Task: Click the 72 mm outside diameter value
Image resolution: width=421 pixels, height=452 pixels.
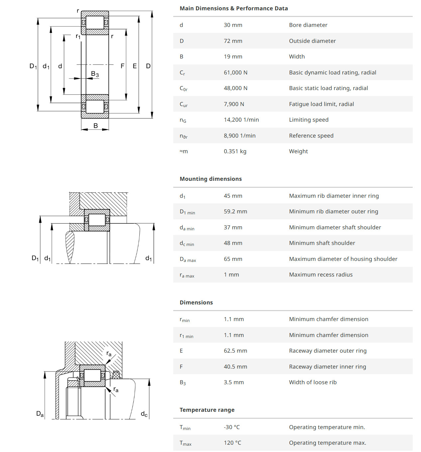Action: [x=233, y=41]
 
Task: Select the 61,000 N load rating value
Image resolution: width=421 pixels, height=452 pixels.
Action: [x=235, y=72]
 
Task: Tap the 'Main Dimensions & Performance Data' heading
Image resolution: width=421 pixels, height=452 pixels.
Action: [x=233, y=8]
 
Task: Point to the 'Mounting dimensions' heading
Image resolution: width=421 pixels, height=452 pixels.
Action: [x=210, y=179]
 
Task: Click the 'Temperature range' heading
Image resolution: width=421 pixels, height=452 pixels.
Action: [x=207, y=410]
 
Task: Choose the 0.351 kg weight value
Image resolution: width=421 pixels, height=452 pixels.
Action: [x=235, y=151]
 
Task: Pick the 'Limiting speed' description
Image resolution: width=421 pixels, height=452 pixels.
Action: [x=309, y=120]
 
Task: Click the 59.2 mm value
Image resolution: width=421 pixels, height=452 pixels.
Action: [x=235, y=211]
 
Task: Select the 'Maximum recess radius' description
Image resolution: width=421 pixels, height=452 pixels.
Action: [x=321, y=275]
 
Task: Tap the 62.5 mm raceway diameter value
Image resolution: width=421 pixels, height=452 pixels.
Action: [x=235, y=351]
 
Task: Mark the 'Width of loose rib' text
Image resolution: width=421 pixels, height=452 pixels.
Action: [x=313, y=382]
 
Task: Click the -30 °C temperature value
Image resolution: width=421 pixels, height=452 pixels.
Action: [x=231, y=427]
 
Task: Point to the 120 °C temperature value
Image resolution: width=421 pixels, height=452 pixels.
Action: [x=232, y=443]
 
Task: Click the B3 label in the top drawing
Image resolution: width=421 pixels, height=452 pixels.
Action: [x=95, y=74]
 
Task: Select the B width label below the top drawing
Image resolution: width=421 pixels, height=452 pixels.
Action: [x=95, y=126]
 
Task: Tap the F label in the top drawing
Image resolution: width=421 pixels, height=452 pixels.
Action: [x=122, y=66]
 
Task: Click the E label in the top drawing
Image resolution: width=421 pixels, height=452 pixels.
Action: [x=135, y=66]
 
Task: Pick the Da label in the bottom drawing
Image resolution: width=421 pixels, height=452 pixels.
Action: [x=40, y=414]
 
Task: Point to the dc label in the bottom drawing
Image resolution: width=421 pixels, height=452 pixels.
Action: [x=144, y=414]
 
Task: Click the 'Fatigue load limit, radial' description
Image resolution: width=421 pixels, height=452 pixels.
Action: [x=321, y=104]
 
